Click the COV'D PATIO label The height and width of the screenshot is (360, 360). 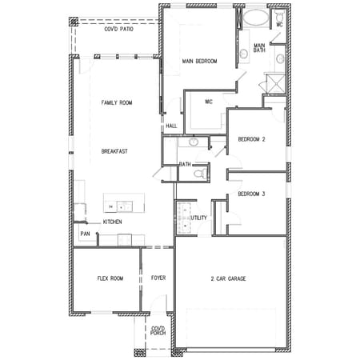(118, 29)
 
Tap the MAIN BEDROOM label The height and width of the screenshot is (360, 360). (199, 61)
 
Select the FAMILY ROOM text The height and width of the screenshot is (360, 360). (117, 102)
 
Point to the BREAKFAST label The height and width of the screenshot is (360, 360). (114, 151)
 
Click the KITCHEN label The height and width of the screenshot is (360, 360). (113, 222)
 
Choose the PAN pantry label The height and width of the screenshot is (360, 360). (85, 234)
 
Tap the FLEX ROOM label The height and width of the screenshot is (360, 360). (110, 278)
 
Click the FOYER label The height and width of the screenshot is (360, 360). (158, 278)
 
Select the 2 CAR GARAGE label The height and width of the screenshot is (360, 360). (228, 278)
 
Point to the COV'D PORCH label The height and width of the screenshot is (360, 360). (158, 330)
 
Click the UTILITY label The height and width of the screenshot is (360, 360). (198, 218)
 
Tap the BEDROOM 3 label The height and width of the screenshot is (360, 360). (251, 194)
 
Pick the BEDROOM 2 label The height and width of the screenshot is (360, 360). (251, 139)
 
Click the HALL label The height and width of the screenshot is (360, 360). (171, 126)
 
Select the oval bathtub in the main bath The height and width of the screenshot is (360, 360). (256, 18)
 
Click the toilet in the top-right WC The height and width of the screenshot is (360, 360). (279, 16)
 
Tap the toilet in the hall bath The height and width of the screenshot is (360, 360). (201, 174)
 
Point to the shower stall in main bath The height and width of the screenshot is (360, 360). (276, 84)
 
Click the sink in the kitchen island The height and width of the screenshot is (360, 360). (125, 206)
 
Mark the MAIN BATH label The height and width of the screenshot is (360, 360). (259, 48)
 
